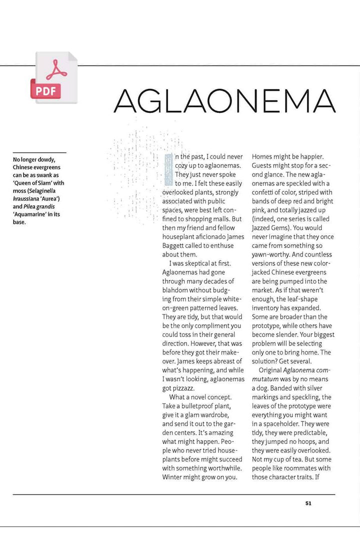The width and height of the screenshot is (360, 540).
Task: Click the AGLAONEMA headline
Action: click(x=224, y=101)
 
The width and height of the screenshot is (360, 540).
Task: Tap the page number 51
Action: click(x=308, y=503)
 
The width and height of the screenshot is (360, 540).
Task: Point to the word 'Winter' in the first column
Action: click(x=173, y=477)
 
